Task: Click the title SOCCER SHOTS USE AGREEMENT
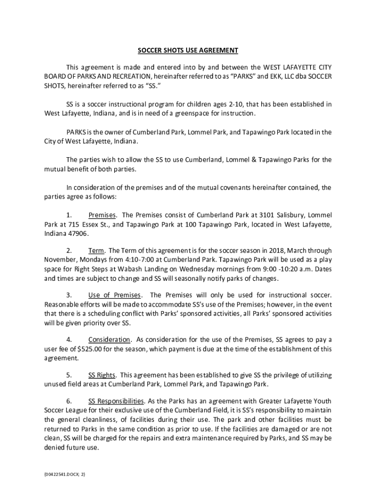click(x=188, y=50)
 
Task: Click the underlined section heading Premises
click(x=102, y=215)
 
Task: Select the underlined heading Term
click(x=96, y=250)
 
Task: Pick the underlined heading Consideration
click(x=109, y=340)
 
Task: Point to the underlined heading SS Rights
click(x=102, y=375)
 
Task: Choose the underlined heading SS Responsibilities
click(x=116, y=401)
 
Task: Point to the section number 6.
click(x=69, y=401)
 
